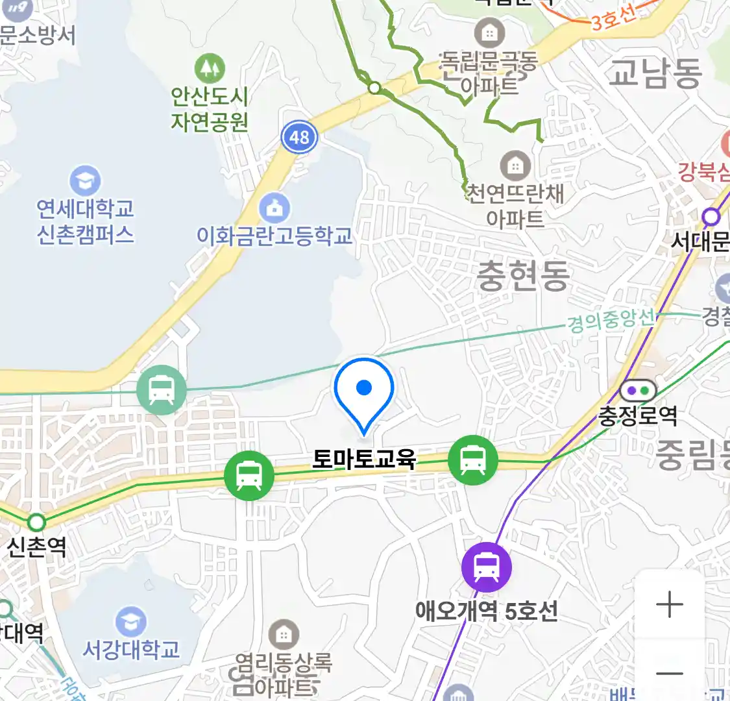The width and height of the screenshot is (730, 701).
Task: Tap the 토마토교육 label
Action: pyautogui.click(x=363, y=459)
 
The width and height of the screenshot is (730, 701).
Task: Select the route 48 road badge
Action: pyautogui.click(x=299, y=137)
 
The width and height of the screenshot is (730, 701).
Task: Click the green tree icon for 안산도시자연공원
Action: pyautogui.click(x=209, y=68)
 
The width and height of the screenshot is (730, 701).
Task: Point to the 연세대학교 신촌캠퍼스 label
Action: pyautogui.click(x=85, y=221)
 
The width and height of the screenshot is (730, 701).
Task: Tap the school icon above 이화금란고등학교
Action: pyautogui.click(x=274, y=208)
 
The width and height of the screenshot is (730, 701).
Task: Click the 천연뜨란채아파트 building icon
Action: pyautogui.click(x=515, y=166)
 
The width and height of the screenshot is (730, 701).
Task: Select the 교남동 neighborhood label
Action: pyautogui.click(x=655, y=72)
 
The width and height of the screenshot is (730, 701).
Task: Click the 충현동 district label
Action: pyautogui.click(x=523, y=275)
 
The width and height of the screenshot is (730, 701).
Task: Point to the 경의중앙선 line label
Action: pyautogui.click(x=611, y=319)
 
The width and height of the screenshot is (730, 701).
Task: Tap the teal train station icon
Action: pyautogui.click(x=161, y=390)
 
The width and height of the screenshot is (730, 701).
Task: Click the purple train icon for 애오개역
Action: pyautogui.click(x=486, y=567)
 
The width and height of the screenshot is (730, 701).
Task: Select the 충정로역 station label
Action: pyautogui.click(x=637, y=415)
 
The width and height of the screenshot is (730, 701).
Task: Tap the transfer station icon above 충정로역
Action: pyautogui.click(x=638, y=391)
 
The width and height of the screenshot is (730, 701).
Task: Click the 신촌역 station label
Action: pyautogui.click(x=36, y=547)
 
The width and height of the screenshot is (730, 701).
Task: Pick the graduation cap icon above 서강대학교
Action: pyautogui.click(x=130, y=622)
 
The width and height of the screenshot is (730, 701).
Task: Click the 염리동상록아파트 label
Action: pyautogui.click(x=283, y=674)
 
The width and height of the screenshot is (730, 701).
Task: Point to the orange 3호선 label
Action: pyautogui.click(x=613, y=19)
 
